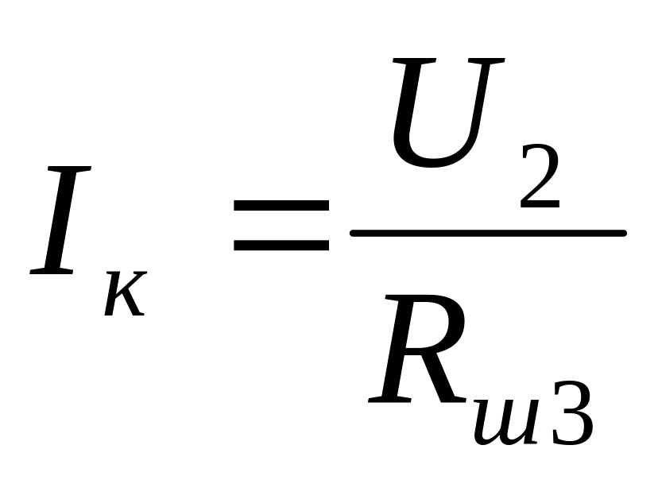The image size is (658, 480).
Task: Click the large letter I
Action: pos(62,220)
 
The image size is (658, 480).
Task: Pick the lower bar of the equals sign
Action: pos(281,244)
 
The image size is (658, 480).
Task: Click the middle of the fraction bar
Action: pos(488,233)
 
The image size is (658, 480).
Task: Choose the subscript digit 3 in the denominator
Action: pos(571,413)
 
